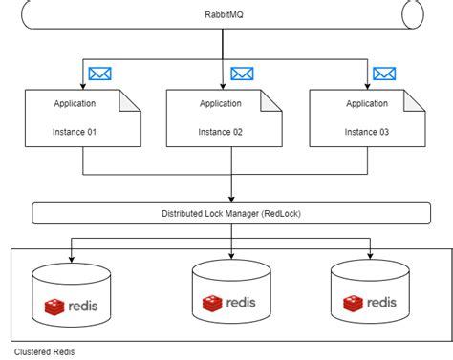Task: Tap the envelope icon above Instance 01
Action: click(99, 74)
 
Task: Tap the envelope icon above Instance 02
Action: click(242, 74)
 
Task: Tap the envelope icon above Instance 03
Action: click(384, 74)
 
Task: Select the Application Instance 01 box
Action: click(84, 116)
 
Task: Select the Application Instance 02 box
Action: click(226, 116)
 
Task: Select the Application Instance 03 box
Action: click(368, 116)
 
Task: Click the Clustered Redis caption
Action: click(43, 350)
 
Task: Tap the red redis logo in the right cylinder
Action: click(350, 305)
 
